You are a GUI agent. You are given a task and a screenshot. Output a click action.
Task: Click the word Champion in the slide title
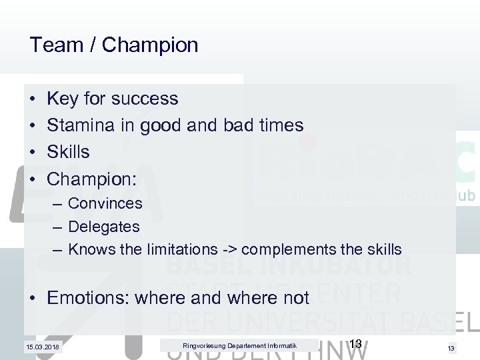coord(151,45)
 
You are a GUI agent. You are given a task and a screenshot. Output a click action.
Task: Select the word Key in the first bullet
coord(62,99)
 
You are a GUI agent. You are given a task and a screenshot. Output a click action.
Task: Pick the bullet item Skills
coord(68,152)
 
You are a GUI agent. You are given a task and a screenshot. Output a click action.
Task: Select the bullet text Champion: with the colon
coord(92,179)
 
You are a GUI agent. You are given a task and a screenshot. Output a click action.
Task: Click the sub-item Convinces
coord(105,203)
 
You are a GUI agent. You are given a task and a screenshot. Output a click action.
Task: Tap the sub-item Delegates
coord(104,226)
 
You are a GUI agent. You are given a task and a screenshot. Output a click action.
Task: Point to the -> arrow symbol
coord(229,249)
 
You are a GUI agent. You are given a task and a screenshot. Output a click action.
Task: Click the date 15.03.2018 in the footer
coord(41,347)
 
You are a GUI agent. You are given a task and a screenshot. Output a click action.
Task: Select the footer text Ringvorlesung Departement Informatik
coord(239,345)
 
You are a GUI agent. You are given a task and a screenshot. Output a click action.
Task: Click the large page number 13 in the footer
coord(355,344)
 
